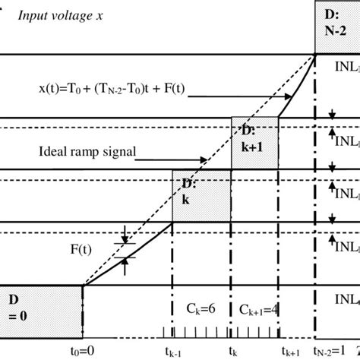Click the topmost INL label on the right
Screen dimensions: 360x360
coord(346,67)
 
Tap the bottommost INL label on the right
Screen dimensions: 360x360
coord(346,298)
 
